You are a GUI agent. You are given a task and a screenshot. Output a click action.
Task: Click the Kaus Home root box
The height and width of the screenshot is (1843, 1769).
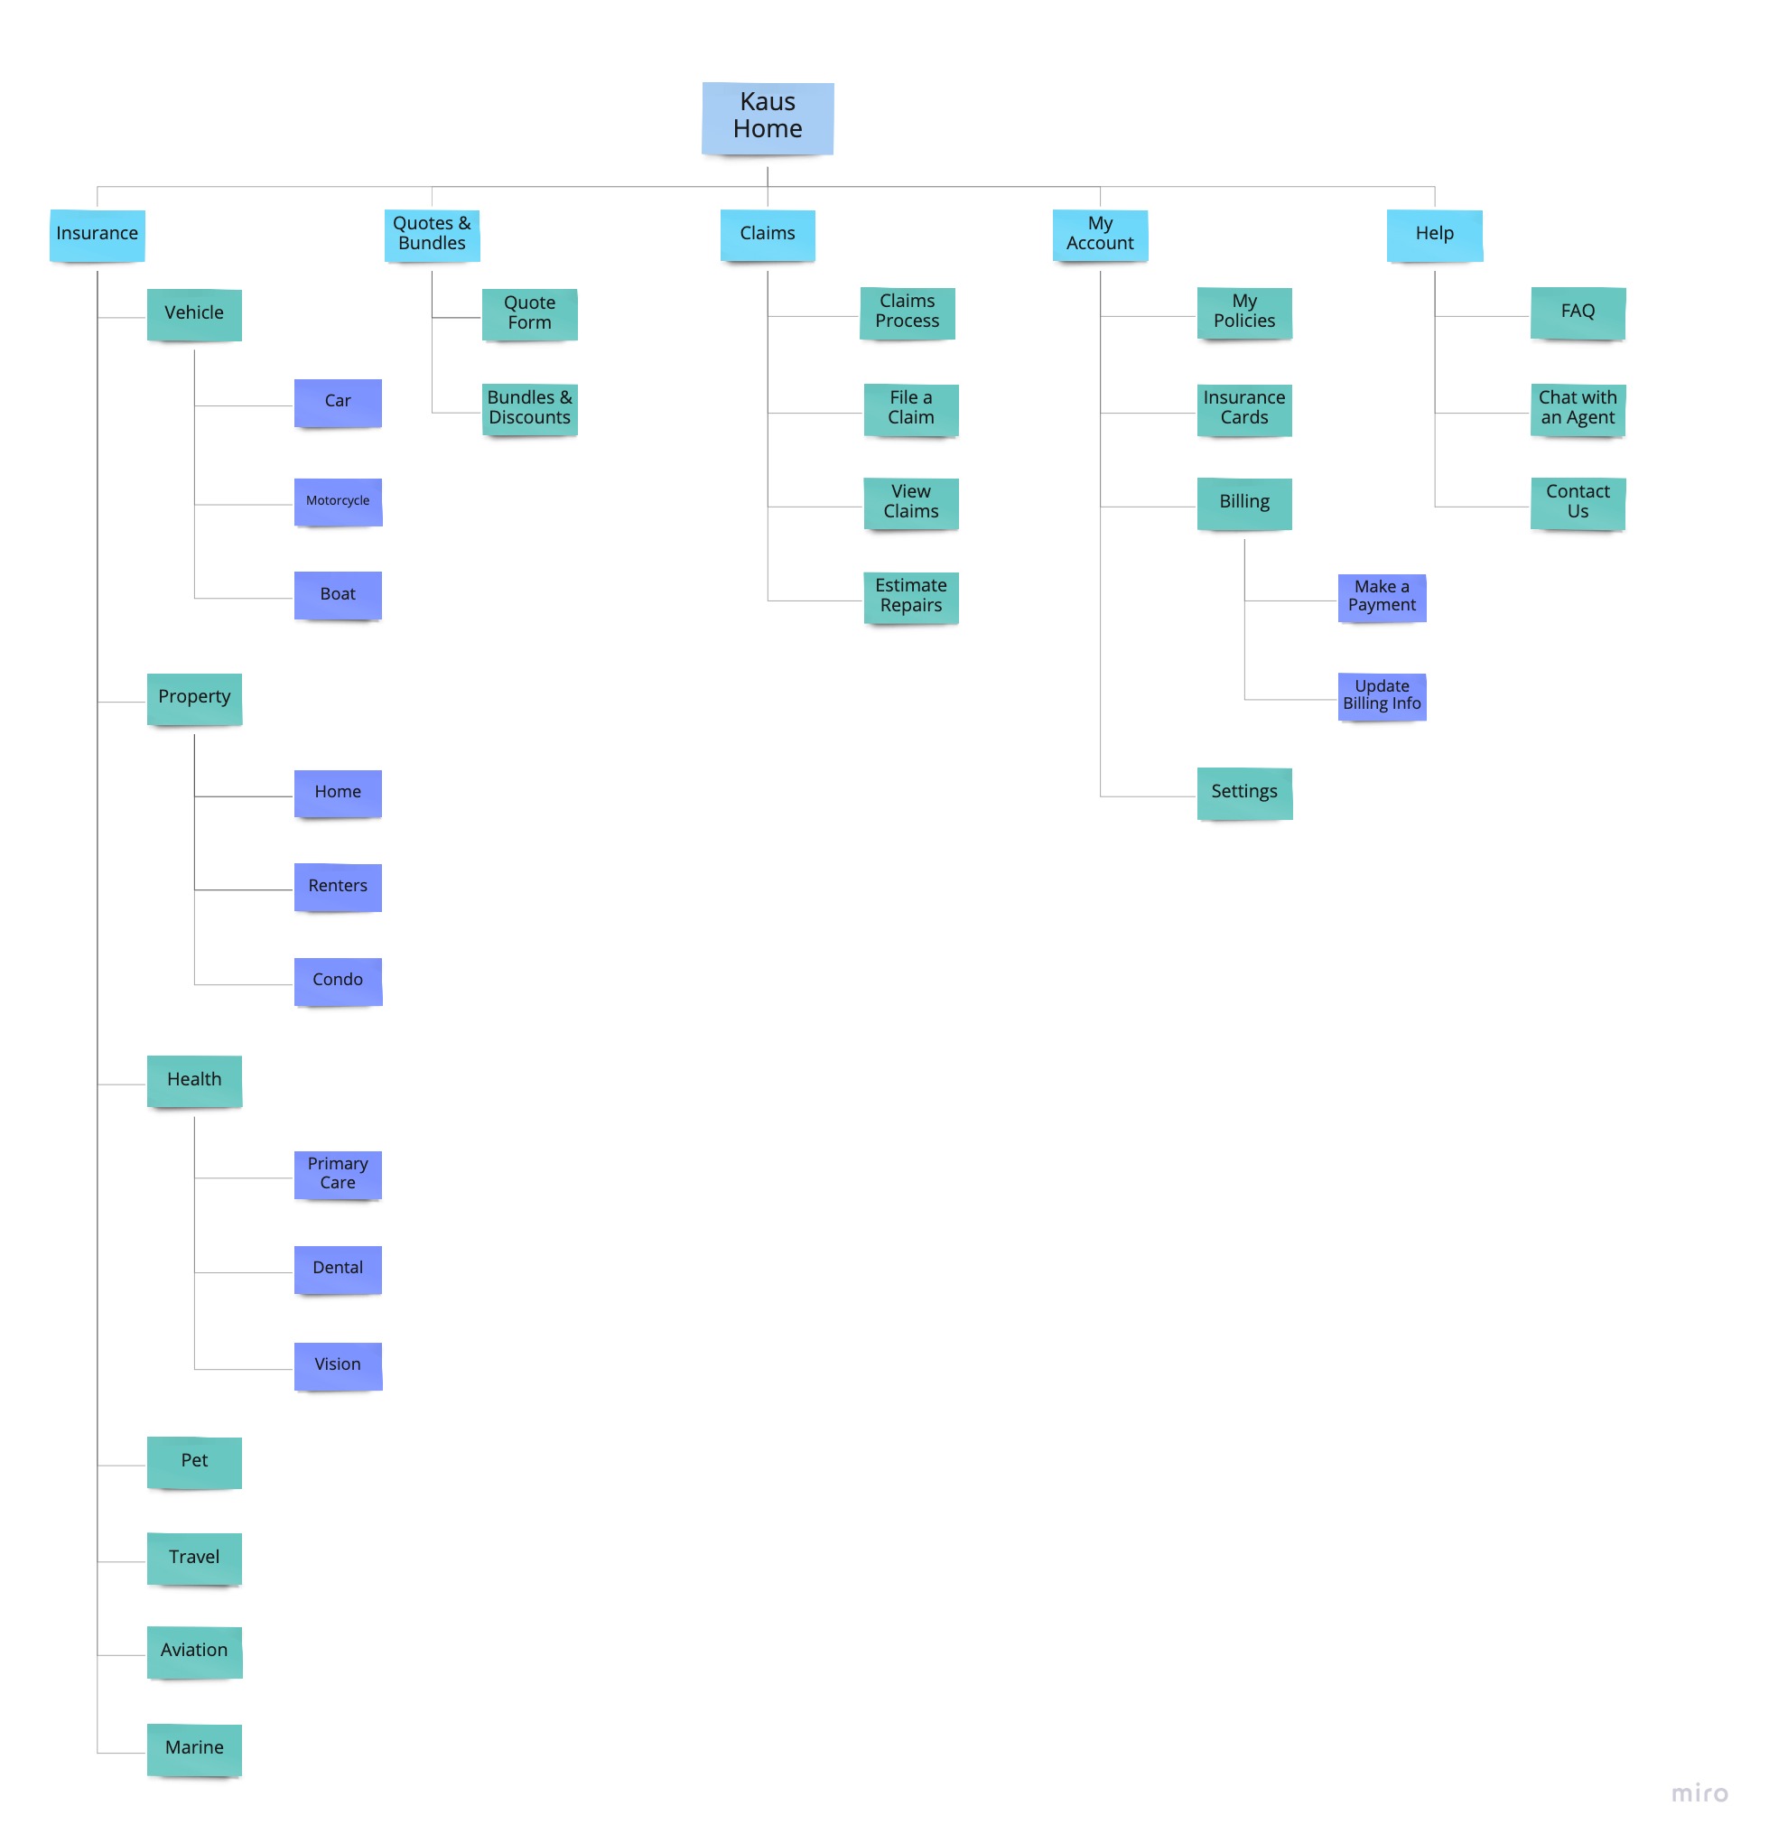(767, 117)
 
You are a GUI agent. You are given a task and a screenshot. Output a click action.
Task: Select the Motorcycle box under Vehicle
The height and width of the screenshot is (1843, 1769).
(338, 500)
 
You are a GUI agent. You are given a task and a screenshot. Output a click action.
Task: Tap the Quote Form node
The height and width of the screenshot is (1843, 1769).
(529, 313)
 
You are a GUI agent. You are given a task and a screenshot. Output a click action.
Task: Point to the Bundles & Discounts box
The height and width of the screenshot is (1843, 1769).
(529, 408)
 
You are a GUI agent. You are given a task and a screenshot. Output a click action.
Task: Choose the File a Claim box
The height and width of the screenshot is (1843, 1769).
(910, 408)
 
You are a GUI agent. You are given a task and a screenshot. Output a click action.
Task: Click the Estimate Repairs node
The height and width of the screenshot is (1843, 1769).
(910, 596)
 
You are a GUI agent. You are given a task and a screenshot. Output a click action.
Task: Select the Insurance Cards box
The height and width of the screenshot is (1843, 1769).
(1243, 408)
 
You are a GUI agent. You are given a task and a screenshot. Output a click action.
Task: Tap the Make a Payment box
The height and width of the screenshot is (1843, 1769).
(1381, 596)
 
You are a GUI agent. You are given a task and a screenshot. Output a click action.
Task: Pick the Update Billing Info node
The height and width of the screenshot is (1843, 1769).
(1381, 696)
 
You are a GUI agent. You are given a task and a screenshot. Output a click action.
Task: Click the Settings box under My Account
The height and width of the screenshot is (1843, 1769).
(1243, 792)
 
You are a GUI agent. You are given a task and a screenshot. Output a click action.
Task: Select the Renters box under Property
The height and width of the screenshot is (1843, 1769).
(338, 886)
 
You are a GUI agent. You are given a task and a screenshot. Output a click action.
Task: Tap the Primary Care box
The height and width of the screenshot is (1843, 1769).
(338, 1174)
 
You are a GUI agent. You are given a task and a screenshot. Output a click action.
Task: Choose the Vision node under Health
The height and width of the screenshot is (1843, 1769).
(338, 1364)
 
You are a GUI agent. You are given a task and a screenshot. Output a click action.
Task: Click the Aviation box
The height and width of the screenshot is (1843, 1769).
(194, 1651)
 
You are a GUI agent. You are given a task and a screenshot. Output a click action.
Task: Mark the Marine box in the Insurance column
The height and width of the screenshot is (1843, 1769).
(194, 1748)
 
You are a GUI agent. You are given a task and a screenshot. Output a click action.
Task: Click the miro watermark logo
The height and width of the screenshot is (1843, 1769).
(1699, 1793)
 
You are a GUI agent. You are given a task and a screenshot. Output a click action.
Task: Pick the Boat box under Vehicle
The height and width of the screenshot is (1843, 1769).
(338, 594)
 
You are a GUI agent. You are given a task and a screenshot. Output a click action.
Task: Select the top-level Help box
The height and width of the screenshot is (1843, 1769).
(1433, 234)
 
